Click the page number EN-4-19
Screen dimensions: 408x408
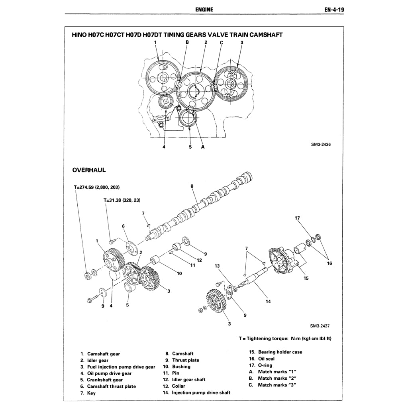(334, 10)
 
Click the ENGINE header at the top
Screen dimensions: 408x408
(204, 10)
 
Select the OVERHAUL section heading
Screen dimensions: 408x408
(89, 170)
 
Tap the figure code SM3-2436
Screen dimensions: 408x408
(320, 145)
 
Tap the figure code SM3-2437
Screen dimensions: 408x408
(320, 326)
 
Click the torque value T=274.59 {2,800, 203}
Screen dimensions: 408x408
(97, 187)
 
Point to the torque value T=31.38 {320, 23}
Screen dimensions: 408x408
(122, 200)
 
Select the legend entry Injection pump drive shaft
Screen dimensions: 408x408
(201, 392)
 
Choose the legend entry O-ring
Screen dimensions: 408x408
(265, 365)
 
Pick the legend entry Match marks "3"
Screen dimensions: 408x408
(277, 385)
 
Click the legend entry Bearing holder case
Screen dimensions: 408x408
(280, 352)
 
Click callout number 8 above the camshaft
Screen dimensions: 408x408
(192, 186)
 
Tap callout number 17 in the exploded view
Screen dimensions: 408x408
(297, 218)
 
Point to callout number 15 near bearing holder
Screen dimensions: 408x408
(306, 278)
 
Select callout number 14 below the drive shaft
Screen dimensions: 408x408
(268, 301)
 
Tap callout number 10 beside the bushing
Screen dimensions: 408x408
(179, 273)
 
